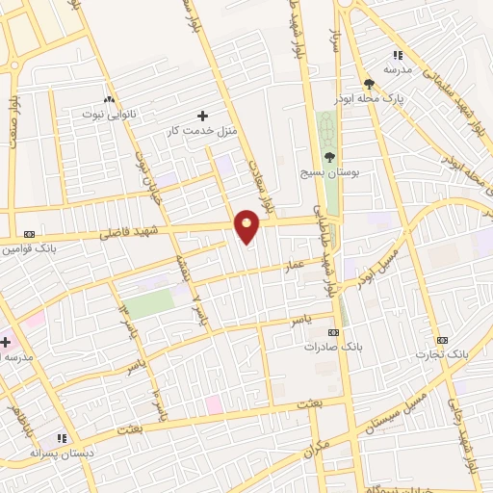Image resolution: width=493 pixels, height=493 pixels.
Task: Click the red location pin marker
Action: (x=247, y=227)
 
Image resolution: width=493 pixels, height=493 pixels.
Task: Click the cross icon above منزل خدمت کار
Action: (x=201, y=116)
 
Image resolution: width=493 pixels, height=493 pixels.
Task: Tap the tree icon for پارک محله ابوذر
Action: (x=369, y=84)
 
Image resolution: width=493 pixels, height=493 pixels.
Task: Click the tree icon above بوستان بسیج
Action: (x=330, y=156)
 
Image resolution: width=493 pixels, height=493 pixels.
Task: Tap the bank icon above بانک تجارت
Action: (x=442, y=340)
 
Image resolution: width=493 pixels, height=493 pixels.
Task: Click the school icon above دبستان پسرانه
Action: (x=62, y=438)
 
